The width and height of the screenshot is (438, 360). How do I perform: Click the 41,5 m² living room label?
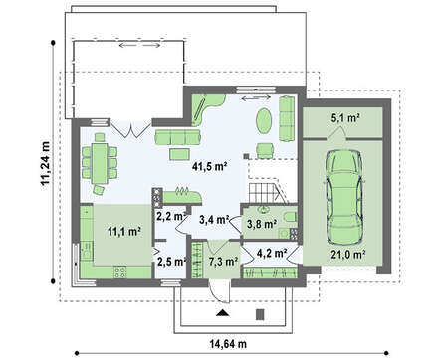pyautogui.click(x=209, y=166)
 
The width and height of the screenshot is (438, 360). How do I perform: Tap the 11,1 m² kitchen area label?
pyautogui.click(x=124, y=232)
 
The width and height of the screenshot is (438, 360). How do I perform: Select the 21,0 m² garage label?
pyautogui.click(x=347, y=255)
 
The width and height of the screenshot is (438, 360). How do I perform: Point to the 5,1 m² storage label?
pyautogui.click(x=346, y=118)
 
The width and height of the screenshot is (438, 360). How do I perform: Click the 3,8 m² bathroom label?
pyautogui.click(x=262, y=224)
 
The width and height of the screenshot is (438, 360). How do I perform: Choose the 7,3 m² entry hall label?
pyautogui.click(x=223, y=262)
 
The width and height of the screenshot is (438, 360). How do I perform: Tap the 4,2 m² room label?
pyautogui.click(x=272, y=253)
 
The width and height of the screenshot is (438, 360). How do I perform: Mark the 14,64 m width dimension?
pyautogui.click(x=228, y=344)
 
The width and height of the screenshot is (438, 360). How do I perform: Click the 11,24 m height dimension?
pyautogui.click(x=45, y=163)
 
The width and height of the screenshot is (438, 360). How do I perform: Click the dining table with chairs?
pyautogui.click(x=100, y=163)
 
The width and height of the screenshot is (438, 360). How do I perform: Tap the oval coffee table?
pyautogui.click(x=264, y=121)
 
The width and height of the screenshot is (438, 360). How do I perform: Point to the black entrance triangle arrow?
pyautogui.click(x=223, y=313)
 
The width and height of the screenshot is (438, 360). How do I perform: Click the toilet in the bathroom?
pyautogui.click(x=290, y=217)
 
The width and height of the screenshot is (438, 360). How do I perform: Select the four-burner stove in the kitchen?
pyautogui.click(x=120, y=272)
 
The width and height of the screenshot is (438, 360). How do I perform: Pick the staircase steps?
pyautogui.click(x=265, y=193)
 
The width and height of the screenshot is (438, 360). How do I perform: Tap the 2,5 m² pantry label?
pyautogui.click(x=171, y=262)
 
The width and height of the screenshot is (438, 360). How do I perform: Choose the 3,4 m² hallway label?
pyautogui.click(x=214, y=219)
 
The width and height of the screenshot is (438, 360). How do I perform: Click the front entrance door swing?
pyautogui.click(x=218, y=292)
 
